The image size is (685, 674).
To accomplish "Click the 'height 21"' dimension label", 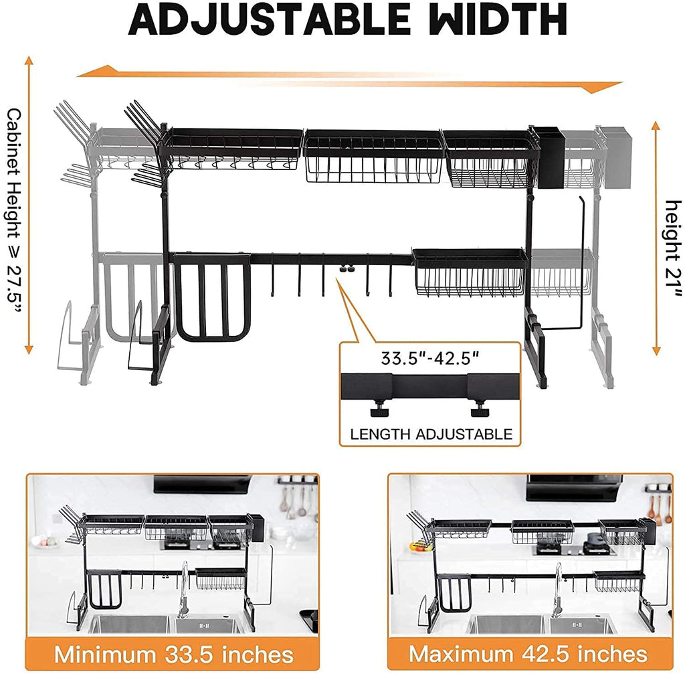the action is click(x=673, y=249).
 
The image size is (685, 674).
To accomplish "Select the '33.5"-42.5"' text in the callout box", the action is click(x=430, y=358).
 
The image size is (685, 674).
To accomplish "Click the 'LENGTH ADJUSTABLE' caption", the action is click(x=431, y=434).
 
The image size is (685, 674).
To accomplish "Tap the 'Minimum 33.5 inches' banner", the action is click(x=173, y=655).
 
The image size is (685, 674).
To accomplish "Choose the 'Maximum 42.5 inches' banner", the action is click(x=528, y=654).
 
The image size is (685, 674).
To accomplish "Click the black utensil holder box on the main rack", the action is click(x=549, y=157).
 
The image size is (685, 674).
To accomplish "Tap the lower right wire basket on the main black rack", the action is click(x=469, y=272).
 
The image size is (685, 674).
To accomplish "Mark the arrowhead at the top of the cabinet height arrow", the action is click(x=29, y=60).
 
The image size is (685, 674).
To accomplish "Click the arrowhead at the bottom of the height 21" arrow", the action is click(x=656, y=351).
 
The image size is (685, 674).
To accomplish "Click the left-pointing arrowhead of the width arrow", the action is click(x=96, y=71).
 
